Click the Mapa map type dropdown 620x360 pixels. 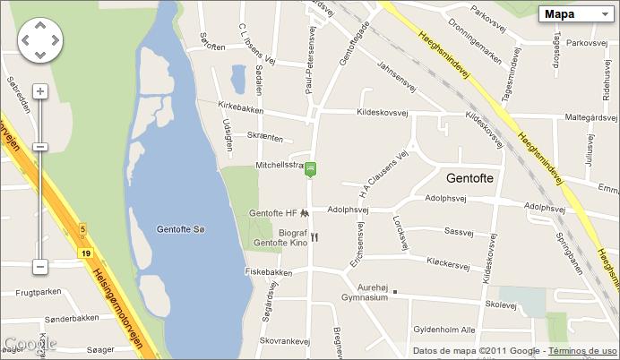[x=577, y=13]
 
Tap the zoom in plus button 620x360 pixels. [x=40, y=91]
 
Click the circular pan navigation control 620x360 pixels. [x=40, y=40]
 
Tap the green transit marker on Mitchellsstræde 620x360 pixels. [x=311, y=167]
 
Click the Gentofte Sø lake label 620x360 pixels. [x=181, y=230]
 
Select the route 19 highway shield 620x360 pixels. [x=85, y=254]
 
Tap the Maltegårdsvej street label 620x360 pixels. [x=582, y=116]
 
